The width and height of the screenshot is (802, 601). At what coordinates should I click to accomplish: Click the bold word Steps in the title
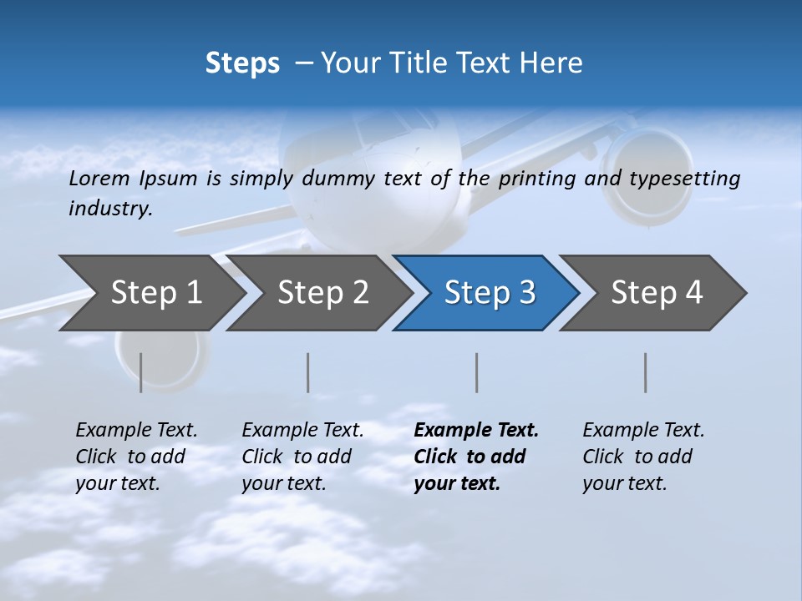coord(242,63)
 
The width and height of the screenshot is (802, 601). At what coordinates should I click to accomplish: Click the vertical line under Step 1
coord(141,372)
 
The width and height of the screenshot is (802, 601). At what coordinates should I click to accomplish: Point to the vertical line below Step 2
coord(308,372)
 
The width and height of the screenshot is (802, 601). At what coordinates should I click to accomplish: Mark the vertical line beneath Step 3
coord(476,372)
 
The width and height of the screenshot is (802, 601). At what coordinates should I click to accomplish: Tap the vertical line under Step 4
coord(645,372)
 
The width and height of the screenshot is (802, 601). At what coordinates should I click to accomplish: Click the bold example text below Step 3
coord(475,457)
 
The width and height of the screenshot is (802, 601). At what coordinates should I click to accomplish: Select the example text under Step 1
coord(136,457)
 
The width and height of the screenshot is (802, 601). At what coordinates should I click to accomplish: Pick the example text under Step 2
coord(302,457)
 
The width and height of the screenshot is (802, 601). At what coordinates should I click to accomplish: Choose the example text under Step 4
coord(643,457)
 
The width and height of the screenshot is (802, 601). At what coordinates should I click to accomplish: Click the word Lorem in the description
coord(99,178)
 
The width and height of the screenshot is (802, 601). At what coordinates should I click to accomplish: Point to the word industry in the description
coord(110,208)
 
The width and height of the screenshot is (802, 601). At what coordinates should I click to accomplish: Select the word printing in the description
coord(536,178)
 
